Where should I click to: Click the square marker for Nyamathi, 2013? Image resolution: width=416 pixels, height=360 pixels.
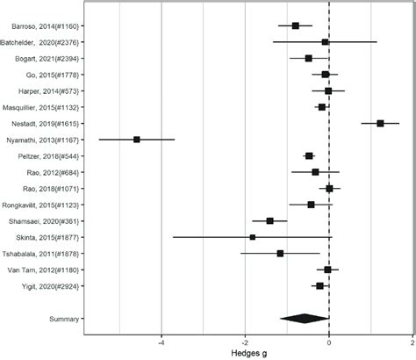coord(137,140)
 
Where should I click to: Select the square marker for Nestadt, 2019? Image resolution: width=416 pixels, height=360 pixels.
coord(380,124)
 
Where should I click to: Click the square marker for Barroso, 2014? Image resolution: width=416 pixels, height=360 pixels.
coord(296,25)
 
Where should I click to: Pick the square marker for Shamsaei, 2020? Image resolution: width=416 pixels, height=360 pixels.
coord(270,221)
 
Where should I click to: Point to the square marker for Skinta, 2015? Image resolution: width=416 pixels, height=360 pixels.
coord(253,237)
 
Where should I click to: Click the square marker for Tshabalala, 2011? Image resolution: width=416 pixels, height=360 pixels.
coord(280,254)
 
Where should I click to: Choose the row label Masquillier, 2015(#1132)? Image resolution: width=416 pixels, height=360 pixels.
coord(41,107)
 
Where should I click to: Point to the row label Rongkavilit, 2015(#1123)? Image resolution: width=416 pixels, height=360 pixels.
coord(41,205)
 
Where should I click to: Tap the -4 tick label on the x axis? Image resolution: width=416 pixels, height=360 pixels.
coord(161,344)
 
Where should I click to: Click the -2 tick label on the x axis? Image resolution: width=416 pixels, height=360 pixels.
coord(244,344)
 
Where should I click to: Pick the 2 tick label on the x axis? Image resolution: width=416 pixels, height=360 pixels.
coord(412,344)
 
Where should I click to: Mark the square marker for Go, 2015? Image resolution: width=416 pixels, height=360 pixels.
coord(326,75)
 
